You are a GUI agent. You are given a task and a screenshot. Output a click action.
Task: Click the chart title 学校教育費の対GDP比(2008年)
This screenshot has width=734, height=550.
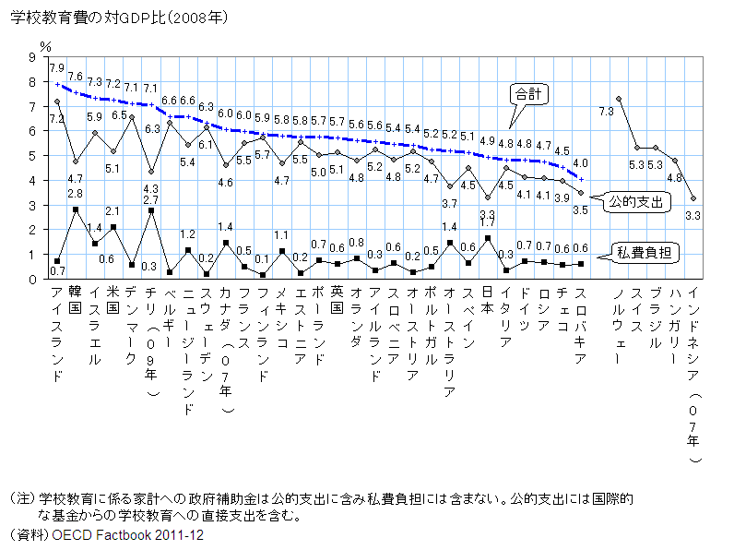coord(119,18)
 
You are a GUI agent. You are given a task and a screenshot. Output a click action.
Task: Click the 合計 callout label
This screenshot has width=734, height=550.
coord(528,94)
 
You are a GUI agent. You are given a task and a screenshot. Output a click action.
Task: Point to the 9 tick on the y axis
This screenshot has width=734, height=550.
coord(32,57)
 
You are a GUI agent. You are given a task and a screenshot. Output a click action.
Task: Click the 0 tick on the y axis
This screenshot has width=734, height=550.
coord(32,279)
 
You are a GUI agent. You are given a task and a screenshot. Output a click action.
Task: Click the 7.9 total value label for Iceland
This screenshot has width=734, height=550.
coord(56,68)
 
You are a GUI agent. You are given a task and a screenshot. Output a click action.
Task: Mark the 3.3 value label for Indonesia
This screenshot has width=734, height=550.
coord(693,215)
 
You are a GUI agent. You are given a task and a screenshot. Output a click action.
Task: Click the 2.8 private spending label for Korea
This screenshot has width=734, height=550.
coord(76,194)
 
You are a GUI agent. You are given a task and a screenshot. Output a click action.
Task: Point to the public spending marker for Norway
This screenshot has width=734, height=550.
coord(619,99)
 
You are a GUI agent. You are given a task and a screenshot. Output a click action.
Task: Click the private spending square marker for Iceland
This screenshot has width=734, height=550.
coord(57,261)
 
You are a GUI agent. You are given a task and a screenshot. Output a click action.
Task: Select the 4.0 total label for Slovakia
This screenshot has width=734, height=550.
coord(581,162)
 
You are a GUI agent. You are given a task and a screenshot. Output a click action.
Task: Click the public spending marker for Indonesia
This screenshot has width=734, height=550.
coord(693,197)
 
